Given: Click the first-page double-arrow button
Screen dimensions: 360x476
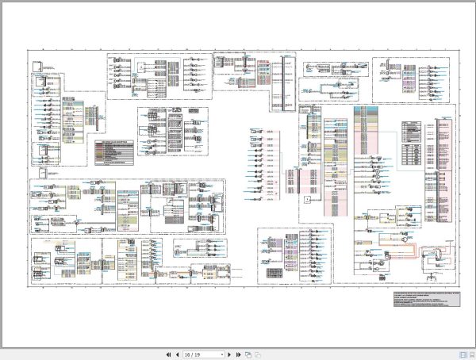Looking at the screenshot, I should (x=168, y=354).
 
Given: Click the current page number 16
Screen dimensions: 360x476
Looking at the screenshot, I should (x=189, y=354).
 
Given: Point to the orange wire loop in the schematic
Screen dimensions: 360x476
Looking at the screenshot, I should (x=405, y=255).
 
